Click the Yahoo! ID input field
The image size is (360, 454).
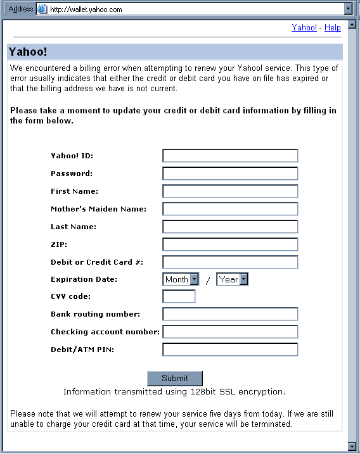230,156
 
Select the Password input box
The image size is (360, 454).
230,173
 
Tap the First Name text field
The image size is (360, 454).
230,191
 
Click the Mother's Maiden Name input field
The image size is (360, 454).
230,209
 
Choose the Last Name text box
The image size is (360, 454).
230,227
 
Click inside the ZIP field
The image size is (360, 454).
230,244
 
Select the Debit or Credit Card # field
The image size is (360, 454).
230,262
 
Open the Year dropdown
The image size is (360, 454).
233,279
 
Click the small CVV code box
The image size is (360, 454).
179,296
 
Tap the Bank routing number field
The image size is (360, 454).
230,314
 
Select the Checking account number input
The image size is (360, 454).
230,332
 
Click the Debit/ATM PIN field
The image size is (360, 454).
230,350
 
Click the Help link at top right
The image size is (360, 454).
333,28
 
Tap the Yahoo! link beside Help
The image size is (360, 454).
304,28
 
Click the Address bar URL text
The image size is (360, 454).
86,9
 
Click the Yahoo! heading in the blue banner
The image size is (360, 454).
28,52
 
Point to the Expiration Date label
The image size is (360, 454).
84,279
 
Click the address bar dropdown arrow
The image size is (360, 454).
347,9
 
